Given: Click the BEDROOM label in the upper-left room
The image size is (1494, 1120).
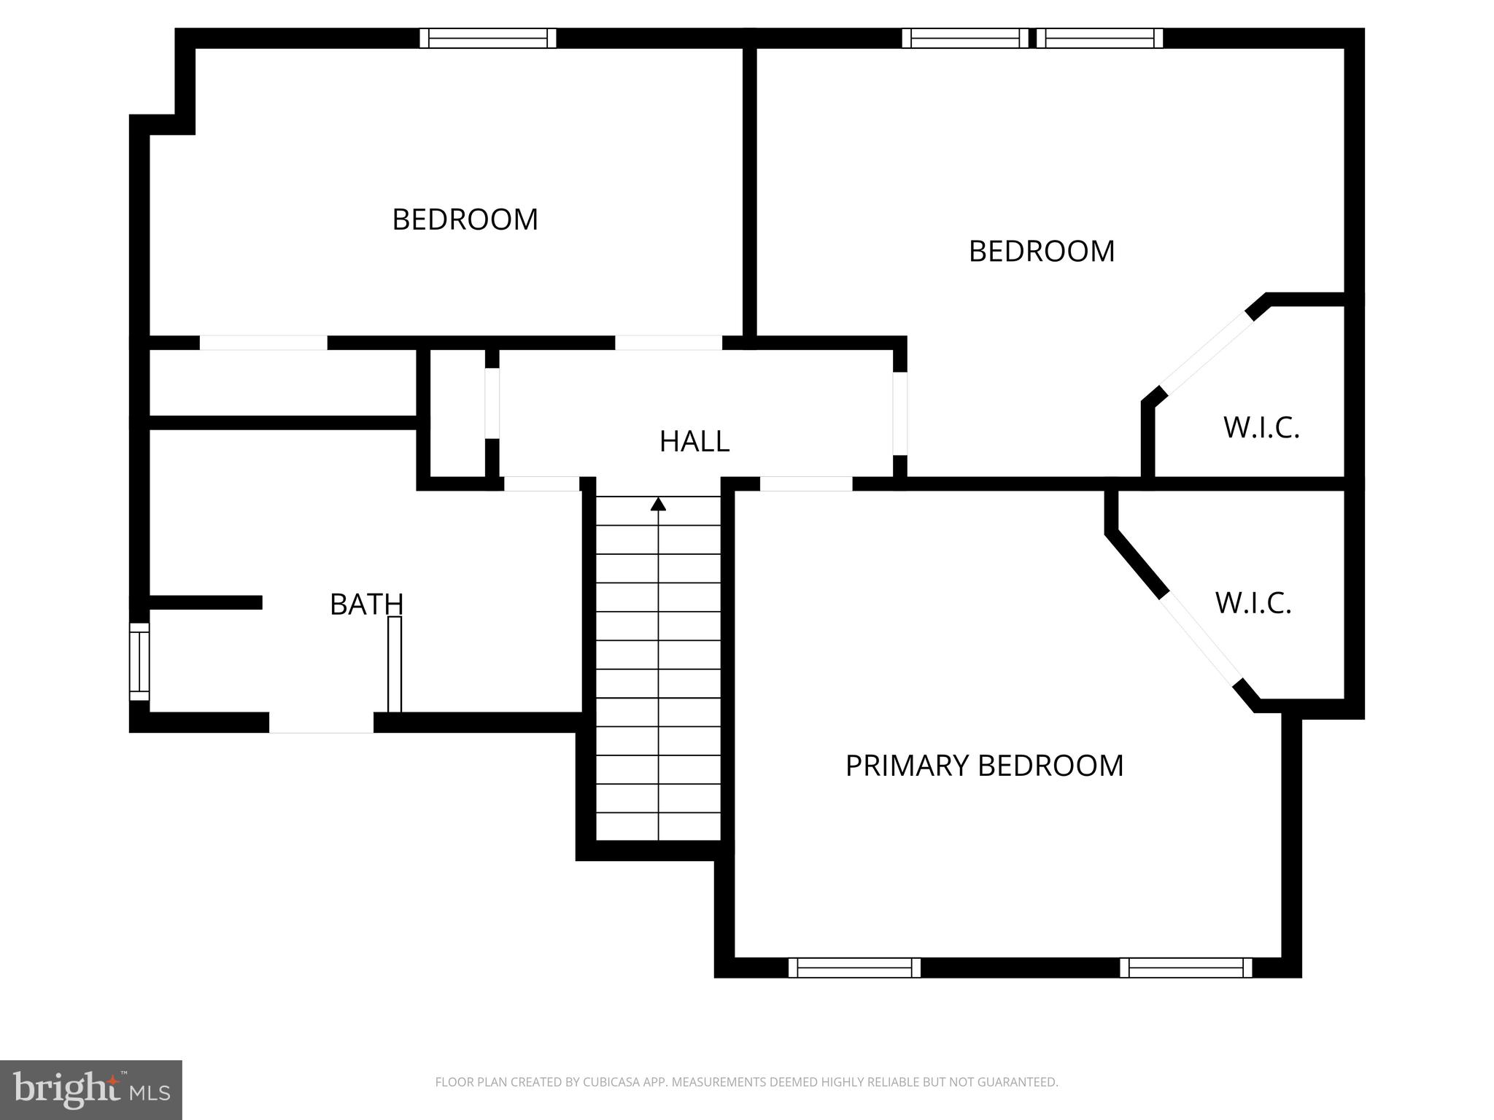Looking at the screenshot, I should point(465,219).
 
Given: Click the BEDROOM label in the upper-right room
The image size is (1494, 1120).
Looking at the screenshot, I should point(1041,252).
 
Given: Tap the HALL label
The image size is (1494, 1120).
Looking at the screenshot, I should point(694,441).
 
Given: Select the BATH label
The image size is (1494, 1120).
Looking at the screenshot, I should point(366,604).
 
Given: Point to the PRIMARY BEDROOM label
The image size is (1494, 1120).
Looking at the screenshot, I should point(984,766).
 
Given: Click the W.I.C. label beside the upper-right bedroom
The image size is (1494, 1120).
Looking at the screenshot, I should point(1261,428).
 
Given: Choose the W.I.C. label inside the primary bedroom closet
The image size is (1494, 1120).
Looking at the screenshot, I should point(1253,604).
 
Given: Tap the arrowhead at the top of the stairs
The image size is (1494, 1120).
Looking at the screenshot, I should point(658,504).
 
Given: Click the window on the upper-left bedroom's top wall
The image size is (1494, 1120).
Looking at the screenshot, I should point(487,38).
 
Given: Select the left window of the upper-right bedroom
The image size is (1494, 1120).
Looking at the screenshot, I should point(964,38).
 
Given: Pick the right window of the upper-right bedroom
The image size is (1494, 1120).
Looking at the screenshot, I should point(1099,38).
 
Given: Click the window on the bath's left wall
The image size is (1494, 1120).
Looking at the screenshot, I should point(139,661).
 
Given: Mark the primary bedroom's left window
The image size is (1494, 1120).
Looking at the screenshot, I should point(854,968).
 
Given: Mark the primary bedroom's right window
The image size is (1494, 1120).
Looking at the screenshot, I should point(1185,968).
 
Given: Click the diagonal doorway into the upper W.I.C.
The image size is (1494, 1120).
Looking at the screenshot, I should point(1204,354).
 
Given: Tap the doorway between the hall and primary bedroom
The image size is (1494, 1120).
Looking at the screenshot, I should point(805,483).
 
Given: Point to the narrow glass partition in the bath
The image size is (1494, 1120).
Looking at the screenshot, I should point(394,664).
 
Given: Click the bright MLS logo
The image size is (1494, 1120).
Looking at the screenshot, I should point(90,1089).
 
